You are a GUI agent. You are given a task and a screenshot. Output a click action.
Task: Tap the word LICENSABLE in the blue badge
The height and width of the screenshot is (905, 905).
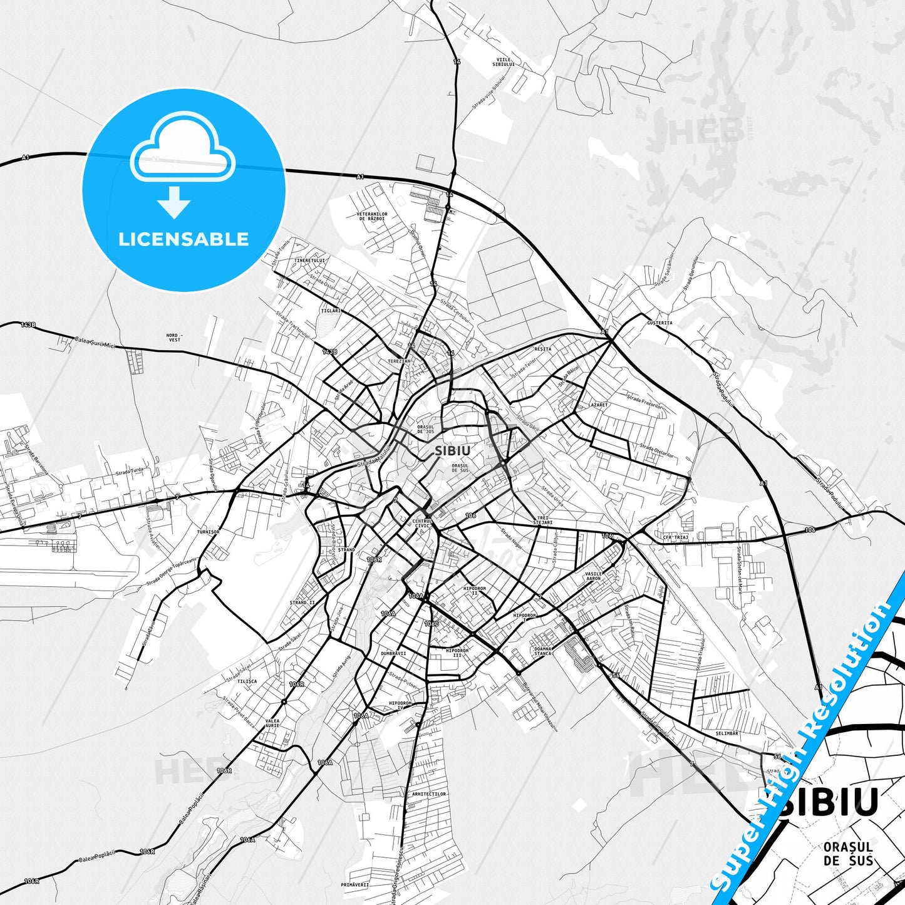184,239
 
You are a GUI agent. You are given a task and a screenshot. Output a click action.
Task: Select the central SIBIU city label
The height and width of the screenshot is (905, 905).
452,450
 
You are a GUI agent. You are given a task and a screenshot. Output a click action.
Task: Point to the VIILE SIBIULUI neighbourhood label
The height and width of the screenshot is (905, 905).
503,62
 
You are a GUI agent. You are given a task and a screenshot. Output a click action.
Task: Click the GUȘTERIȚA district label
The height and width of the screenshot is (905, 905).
659,323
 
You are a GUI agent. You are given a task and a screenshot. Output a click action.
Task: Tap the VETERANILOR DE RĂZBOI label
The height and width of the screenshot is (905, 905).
372,216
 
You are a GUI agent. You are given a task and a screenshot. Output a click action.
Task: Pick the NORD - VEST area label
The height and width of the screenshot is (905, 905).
174,338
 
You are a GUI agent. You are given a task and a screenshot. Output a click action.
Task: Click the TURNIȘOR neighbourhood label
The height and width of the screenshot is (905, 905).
208,532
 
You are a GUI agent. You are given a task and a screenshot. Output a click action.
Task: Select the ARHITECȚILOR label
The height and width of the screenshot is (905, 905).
429,794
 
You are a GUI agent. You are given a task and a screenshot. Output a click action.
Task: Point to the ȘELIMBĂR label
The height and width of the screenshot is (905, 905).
727,733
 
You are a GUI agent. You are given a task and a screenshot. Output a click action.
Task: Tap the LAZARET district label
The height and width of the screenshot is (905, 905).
597,405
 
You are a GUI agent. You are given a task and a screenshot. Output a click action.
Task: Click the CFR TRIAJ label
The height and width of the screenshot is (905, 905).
675,537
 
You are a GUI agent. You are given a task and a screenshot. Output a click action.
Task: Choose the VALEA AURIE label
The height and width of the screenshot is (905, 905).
272,723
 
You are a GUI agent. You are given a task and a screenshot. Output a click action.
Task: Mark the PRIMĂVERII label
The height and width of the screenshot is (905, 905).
354,884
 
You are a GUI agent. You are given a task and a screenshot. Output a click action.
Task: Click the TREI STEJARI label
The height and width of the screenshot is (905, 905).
542,520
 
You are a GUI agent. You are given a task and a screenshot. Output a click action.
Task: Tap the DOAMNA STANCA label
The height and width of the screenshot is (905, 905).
543,651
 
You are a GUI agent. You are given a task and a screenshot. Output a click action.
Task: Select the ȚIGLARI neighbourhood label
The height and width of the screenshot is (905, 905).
331,311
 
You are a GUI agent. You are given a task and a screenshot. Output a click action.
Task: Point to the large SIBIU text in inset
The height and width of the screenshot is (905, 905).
827,802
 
